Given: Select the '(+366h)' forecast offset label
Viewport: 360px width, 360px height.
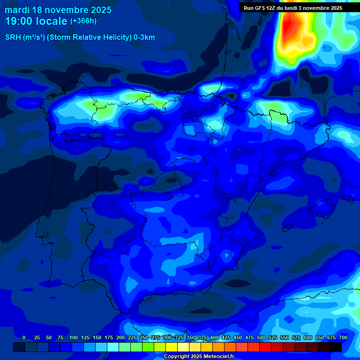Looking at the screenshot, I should pyautogui.click(x=83, y=21).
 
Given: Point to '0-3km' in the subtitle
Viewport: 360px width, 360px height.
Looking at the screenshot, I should pyautogui.click(x=144, y=37).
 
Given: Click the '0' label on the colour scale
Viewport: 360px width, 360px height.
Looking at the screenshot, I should pyautogui.click(x=24, y=337).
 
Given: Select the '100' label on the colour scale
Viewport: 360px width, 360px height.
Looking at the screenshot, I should pyautogui.click(x=74, y=337).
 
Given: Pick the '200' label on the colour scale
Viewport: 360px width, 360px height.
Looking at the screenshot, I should pyautogui.click(x=120, y=337).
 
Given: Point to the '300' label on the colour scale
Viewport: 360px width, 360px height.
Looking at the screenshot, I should pyautogui.click(x=167, y=337).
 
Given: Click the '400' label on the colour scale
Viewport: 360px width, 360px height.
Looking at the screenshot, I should pyautogui.click(x=214, y=337).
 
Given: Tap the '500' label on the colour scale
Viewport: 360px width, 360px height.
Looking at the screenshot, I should pyautogui.click(x=261, y=337).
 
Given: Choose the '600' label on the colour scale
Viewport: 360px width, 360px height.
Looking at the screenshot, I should pyautogui.click(x=308, y=337).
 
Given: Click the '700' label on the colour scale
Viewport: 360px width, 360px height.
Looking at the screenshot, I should pyautogui.click(x=343, y=337).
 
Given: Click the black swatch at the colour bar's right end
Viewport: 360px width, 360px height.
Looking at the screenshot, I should pyautogui.click(x=336, y=347).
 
